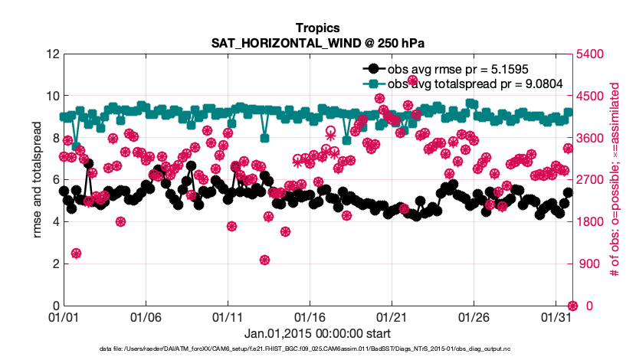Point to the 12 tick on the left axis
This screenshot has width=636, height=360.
[52, 54]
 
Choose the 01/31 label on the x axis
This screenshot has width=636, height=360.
[555, 316]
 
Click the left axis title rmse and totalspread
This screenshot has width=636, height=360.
[37, 180]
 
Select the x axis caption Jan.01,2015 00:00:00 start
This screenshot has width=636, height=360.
[318, 333]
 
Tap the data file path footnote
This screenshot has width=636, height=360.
[318, 349]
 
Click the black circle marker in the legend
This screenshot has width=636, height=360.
[373, 67]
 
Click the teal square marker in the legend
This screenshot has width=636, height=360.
[373, 83]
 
